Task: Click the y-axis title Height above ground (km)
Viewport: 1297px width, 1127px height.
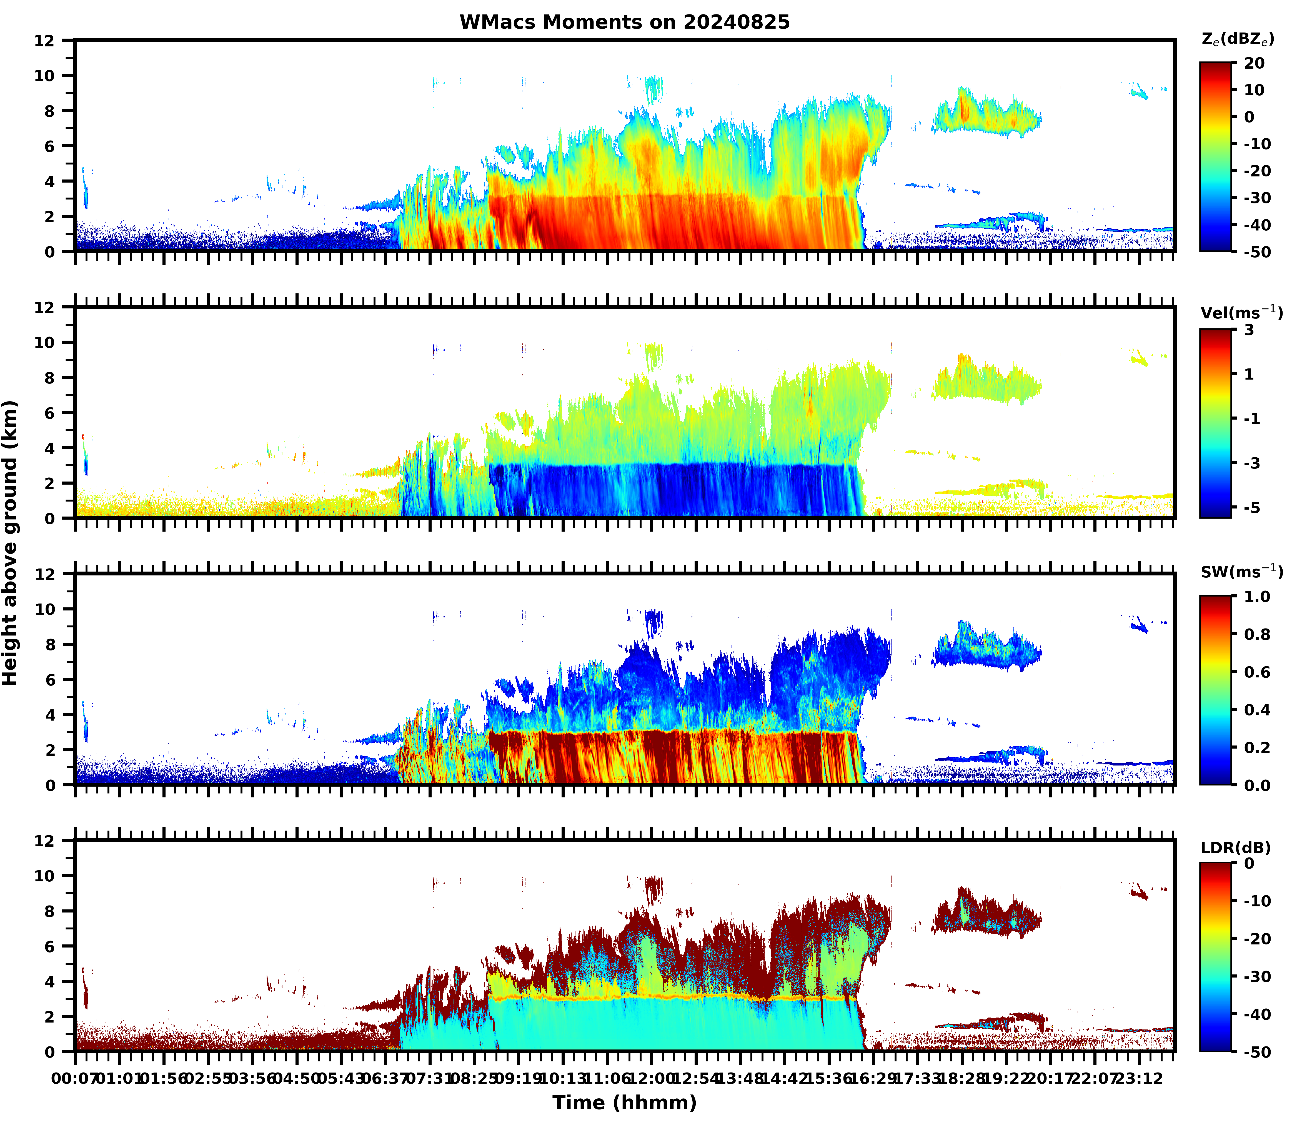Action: [10, 542]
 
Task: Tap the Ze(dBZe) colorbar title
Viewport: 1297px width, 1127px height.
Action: [1237, 39]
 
